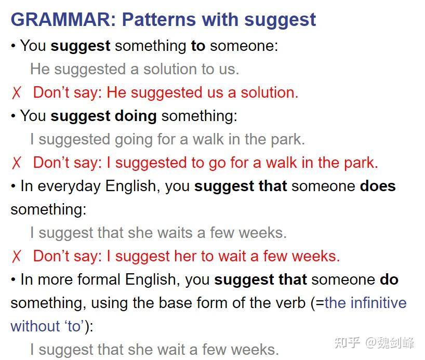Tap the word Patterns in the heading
click(159, 20)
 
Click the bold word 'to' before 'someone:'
click(198, 46)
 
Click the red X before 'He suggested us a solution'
click(16, 92)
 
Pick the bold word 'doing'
click(136, 116)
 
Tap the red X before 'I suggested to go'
click(16, 163)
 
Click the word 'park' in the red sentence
click(361, 163)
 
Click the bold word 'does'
click(378, 186)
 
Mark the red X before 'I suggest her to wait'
click(16, 257)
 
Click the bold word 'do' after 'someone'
click(389, 279)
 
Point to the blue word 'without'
click(35, 326)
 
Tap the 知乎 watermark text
click(347, 343)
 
